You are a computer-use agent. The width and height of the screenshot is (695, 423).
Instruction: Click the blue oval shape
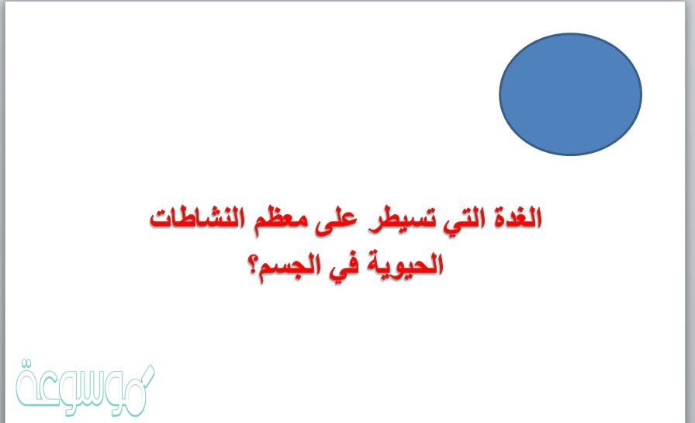tap(570, 94)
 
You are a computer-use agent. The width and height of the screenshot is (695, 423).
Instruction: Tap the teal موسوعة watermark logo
tap(85, 389)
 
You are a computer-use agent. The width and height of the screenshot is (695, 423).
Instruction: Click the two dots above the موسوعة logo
tap(27, 363)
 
